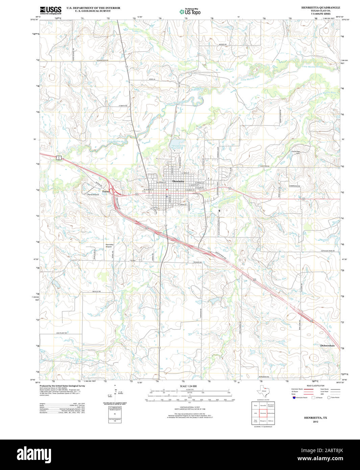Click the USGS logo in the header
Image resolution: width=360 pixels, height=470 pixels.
51,10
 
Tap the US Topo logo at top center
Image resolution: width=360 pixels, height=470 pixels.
190,11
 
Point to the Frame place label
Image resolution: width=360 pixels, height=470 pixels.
106,191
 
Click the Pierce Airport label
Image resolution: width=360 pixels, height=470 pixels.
93,195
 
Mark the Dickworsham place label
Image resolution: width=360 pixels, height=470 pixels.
327,346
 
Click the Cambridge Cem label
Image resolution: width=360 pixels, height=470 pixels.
296,152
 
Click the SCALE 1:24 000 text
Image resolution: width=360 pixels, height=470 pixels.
188,386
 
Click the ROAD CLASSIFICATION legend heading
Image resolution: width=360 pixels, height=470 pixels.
315,386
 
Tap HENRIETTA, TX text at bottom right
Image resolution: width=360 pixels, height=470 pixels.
315,418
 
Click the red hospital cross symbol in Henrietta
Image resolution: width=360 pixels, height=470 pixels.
167,190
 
